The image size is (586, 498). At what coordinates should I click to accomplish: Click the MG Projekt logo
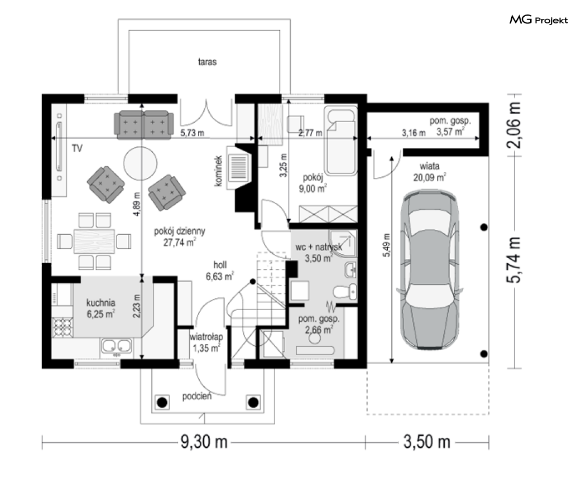tap(539, 20)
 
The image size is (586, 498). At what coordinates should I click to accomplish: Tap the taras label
tap(207, 61)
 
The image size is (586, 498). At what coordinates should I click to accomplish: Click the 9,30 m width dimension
tap(204, 442)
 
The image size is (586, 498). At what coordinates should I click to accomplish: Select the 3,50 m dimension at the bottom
tap(427, 442)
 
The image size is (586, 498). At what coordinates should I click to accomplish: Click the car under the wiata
tap(430, 269)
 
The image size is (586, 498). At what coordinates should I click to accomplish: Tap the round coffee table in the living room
tap(140, 163)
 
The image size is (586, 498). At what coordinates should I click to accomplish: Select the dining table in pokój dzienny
tap(94, 241)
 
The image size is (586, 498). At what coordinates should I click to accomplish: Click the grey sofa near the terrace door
tap(144, 124)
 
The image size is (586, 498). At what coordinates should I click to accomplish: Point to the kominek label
tap(219, 171)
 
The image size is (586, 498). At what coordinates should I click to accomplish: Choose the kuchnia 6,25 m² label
tap(100, 308)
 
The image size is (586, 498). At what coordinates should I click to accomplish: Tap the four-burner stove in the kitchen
tap(62, 327)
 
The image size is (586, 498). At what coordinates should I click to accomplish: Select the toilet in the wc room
tap(344, 292)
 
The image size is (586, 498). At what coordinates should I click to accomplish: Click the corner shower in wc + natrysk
tap(343, 243)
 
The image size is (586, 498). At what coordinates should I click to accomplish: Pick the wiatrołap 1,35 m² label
tap(206, 342)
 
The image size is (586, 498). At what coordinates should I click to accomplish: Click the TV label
tap(77, 148)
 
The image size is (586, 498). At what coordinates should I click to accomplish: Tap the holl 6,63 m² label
tap(220, 270)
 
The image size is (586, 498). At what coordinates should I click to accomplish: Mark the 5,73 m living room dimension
tap(192, 133)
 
